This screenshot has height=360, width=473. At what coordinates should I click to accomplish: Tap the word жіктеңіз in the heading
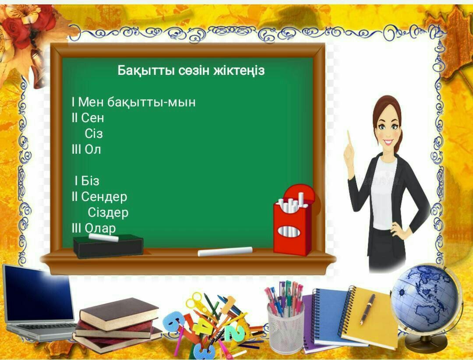(x=239, y=71)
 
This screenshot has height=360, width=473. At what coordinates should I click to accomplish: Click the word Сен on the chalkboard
(x=92, y=118)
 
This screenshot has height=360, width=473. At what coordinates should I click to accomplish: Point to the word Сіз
(x=94, y=134)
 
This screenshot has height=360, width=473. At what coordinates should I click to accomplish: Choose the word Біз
(x=90, y=181)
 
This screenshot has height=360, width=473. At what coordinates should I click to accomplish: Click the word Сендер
(x=104, y=197)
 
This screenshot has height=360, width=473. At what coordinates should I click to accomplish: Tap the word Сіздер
(x=108, y=213)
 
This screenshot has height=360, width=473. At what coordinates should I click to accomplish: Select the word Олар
(x=100, y=229)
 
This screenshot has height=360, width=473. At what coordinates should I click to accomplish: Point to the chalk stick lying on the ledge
(x=225, y=251)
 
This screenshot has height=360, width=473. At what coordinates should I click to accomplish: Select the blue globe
(x=425, y=299)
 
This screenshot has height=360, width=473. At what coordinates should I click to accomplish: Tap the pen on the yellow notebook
(x=368, y=309)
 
